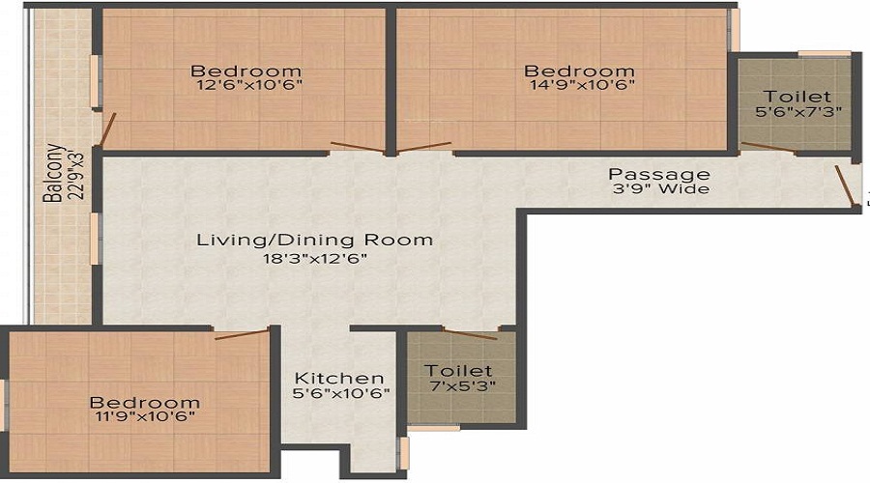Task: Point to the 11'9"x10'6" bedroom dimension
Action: tap(145, 418)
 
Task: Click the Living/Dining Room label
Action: tap(314, 240)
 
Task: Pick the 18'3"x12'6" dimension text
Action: tap(314, 258)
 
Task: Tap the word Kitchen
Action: tap(339, 377)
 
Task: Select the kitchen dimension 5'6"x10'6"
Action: tap(339, 393)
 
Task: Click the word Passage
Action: tap(658, 174)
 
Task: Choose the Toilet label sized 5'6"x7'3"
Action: tap(797, 97)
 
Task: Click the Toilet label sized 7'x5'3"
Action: tap(459, 370)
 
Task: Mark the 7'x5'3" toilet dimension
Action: tap(459, 386)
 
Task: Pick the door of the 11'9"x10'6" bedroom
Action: tap(240, 334)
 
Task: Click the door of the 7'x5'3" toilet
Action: tap(469, 335)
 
